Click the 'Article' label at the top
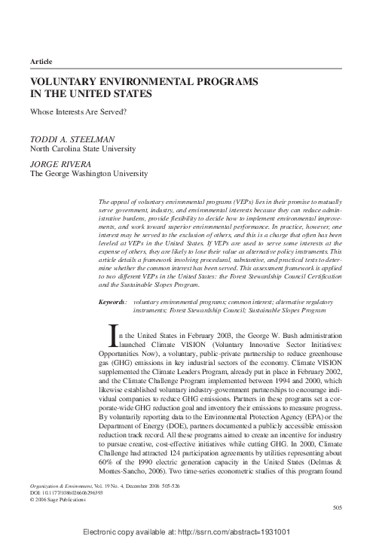coord(41,59)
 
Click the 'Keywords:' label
coord(113,301)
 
